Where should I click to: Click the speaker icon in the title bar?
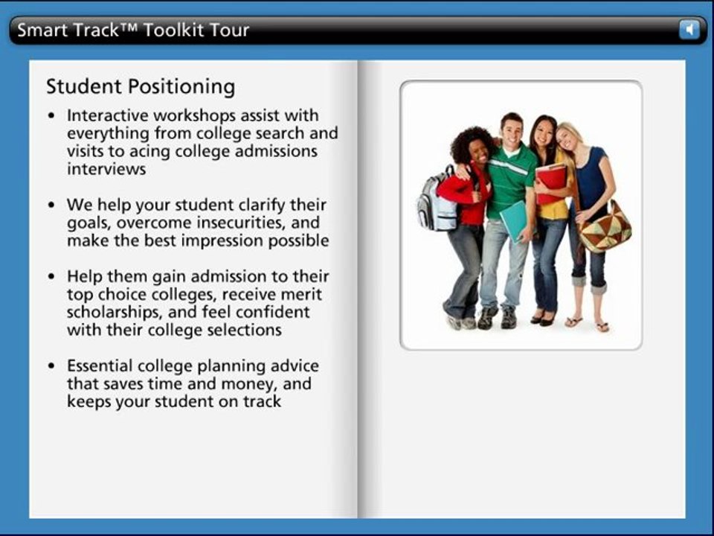coord(689,30)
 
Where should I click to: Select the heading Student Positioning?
coord(141,87)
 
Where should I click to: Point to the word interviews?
coord(106,169)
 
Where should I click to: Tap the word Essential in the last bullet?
coord(100,366)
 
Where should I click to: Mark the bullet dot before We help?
coord(51,205)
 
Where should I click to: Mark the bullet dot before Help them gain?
coord(51,277)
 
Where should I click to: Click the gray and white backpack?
coord(437,204)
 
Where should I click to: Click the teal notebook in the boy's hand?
coord(514,219)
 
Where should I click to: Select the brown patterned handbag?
coord(605,228)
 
